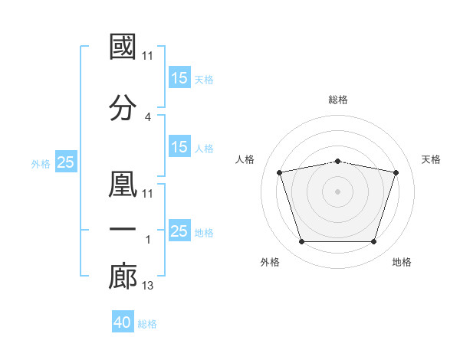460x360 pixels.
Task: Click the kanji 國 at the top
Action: click(123, 47)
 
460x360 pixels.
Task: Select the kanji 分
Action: click(123, 108)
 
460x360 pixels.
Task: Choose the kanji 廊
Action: click(123, 277)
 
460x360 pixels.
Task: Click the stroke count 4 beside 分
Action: click(148, 117)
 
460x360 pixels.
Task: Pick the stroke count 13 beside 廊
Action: click(148, 286)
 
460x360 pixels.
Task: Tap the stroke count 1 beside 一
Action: click(148, 239)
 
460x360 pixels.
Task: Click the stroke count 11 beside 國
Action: click(148, 56)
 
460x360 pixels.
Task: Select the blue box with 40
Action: click(123, 323)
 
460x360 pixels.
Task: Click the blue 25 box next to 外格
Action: click(65, 162)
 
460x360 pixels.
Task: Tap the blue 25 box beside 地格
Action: click(179, 231)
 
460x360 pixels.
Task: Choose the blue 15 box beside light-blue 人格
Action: click(179, 147)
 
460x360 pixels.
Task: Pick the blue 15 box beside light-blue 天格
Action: click(179, 78)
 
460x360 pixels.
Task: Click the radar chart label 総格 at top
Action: click(338, 100)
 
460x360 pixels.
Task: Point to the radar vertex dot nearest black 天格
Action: click(396, 172)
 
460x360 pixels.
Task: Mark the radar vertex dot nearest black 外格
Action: click(301, 242)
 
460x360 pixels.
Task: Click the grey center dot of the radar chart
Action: click(338, 191)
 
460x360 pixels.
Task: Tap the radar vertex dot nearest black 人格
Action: click(280, 172)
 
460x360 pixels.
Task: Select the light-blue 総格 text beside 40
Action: click(147, 324)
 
